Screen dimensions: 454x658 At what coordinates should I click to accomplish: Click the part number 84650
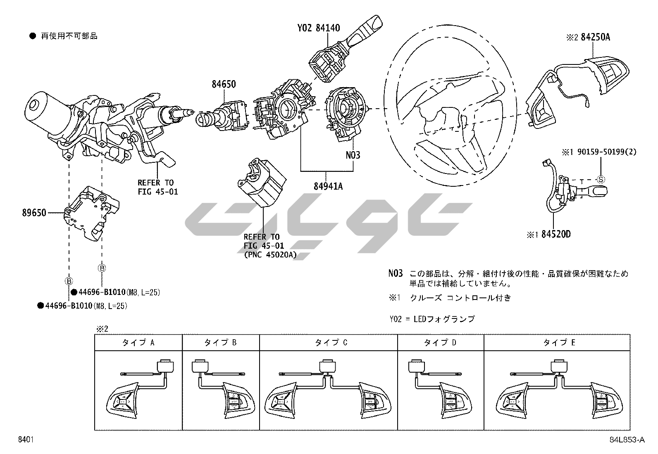click(x=224, y=84)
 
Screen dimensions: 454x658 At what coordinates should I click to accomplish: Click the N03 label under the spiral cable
click(x=353, y=155)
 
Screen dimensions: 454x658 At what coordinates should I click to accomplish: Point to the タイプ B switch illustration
click(x=221, y=389)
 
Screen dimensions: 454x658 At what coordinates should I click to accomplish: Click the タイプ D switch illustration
click(x=440, y=389)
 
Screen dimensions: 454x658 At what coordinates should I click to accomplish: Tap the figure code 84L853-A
click(x=627, y=440)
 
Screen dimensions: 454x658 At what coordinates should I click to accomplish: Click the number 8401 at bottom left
click(x=25, y=440)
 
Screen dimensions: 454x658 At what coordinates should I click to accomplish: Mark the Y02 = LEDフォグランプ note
click(x=432, y=319)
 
